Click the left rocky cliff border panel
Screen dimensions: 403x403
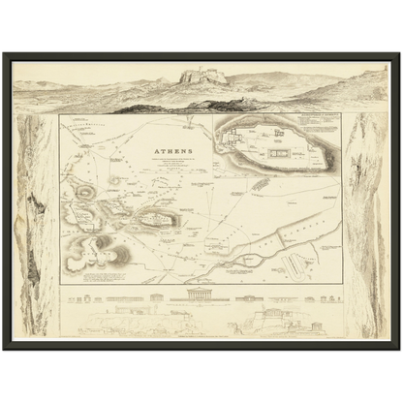(37, 223)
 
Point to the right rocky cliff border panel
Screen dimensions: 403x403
(366, 223)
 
